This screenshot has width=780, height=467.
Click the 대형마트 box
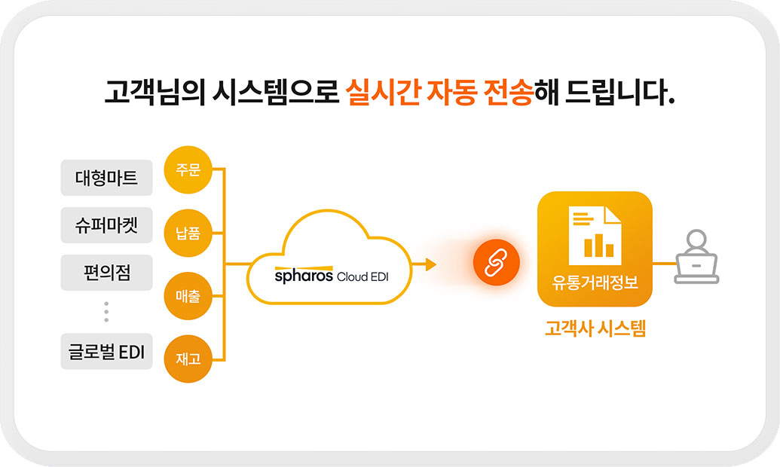[x=106, y=178]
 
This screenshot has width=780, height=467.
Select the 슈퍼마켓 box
[x=106, y=225]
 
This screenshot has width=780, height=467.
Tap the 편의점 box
[x=106, y=273]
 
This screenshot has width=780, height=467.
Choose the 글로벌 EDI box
[x=106, y=352]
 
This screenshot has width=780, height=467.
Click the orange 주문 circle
[x=188, y=169]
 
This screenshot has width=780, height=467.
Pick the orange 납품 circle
[x=188, y=233]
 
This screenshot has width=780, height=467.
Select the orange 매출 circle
[x=188, y=296]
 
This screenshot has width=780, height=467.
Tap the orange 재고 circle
[x=188, y=359]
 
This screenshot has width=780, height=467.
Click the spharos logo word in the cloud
[x=304, y=276]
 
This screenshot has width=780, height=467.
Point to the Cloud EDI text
[x=362, y=276]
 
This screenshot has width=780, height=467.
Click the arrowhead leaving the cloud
[x=431, y=264]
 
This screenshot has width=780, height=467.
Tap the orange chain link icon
[x=497, y=263]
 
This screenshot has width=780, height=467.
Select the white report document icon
[x=595, y=236]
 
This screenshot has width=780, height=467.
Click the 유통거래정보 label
[x=595, y=282]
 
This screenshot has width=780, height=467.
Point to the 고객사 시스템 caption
[x=595, y=328]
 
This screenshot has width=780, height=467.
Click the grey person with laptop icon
[x=696, y=257]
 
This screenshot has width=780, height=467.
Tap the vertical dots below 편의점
[x=106, y=311]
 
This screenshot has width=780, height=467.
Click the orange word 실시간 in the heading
[x=383, y=93]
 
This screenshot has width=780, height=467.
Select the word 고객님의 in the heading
[x=154, y=93]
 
